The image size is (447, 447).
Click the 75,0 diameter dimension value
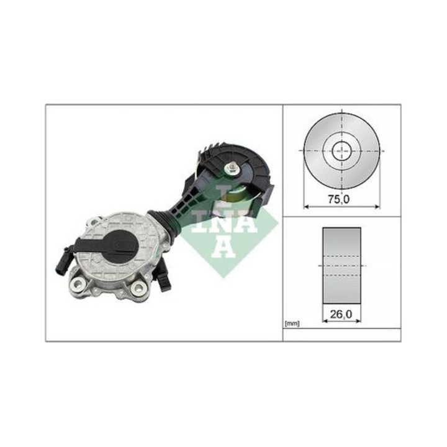click(338, 199)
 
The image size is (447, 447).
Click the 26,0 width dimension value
click(341, 314)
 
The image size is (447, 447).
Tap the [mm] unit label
click(292, 323)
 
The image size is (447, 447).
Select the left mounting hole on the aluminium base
click(77, 283)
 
